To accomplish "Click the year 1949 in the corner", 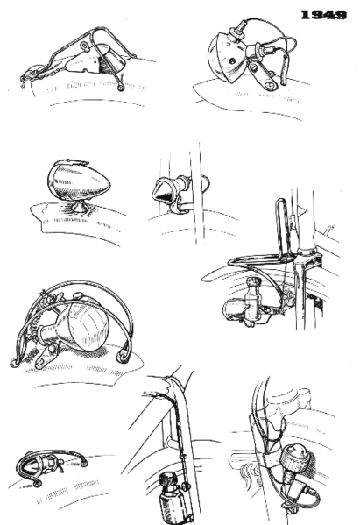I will pos(325,15).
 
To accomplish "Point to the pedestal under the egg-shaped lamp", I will pos(76,208).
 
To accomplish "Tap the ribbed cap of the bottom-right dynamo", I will pos(293,457).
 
